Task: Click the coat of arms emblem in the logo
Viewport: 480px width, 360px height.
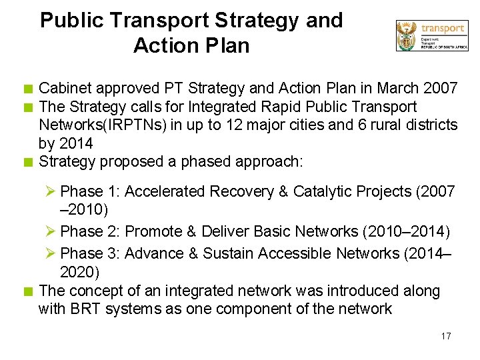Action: pyautogui.click(x=405, y=35)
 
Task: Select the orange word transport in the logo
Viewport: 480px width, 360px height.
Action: pyautogui.click(x=441, y=28)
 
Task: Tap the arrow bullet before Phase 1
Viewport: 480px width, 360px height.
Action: pyautogui.click(x=51, y=192)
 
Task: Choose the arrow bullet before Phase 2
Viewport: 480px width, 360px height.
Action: pyautogui.click(x=51, y=232)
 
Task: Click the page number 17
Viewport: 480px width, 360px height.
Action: pyautogui.click(x=445, y=336)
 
